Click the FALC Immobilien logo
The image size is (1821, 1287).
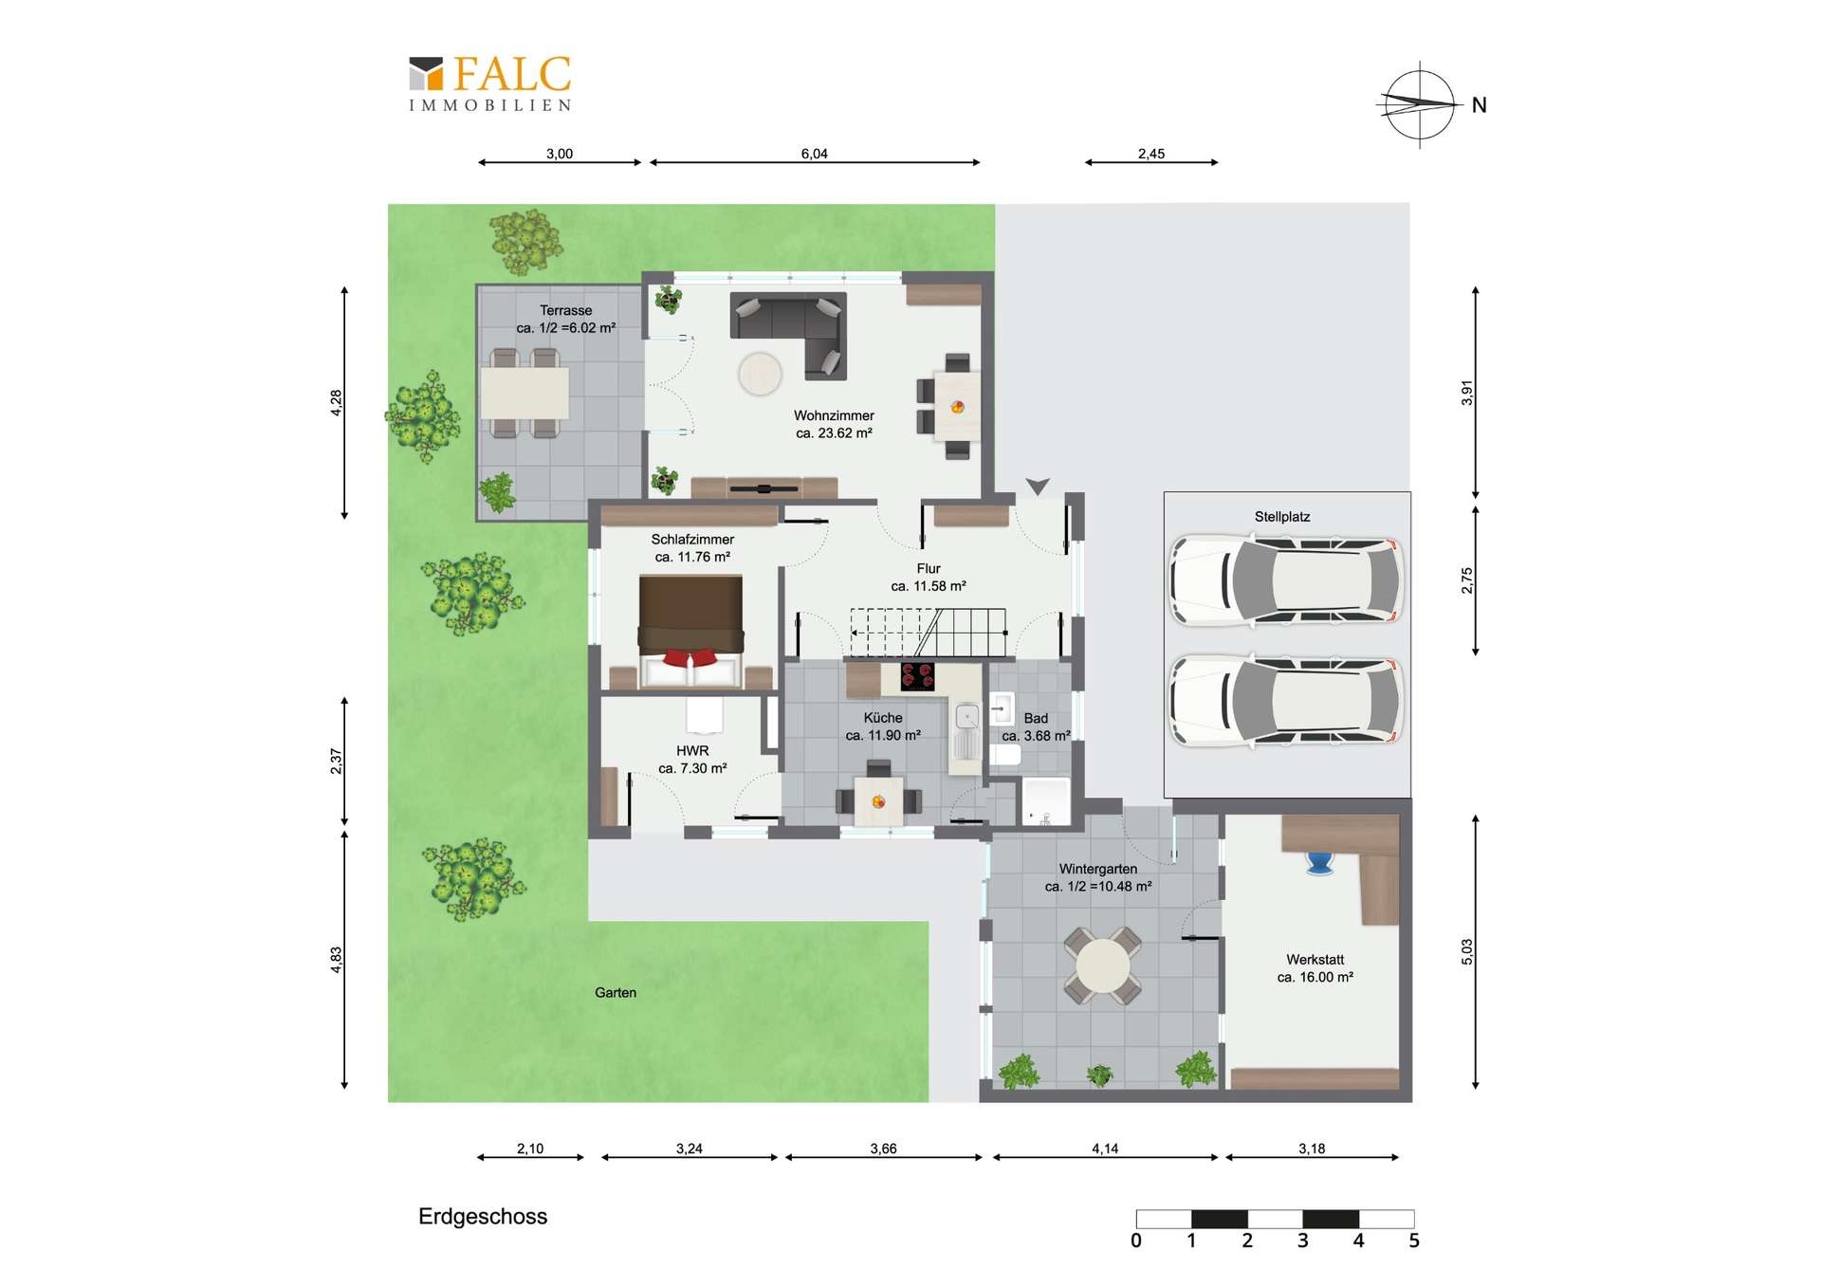[490, 83]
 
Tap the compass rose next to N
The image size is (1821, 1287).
[1419, 104]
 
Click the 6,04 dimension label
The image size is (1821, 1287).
[814, 154]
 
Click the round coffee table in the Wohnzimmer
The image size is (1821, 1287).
[760, 374]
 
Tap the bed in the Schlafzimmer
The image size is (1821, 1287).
[690, 630]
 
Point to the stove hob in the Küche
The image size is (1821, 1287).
[917, 676]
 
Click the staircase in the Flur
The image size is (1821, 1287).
[928, 633]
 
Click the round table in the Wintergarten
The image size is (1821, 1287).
[1102, 965]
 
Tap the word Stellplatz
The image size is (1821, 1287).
[1282, 517]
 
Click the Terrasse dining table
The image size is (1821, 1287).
[524, 393]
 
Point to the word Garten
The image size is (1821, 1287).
[616, 993]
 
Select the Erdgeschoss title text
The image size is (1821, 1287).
[483, 1217]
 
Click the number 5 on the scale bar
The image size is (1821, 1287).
[1414, 1241]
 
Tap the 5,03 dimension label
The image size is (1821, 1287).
[1467, 952]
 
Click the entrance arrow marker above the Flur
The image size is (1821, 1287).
[1038, 487]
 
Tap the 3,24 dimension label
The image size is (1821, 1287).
[690, 1149]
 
